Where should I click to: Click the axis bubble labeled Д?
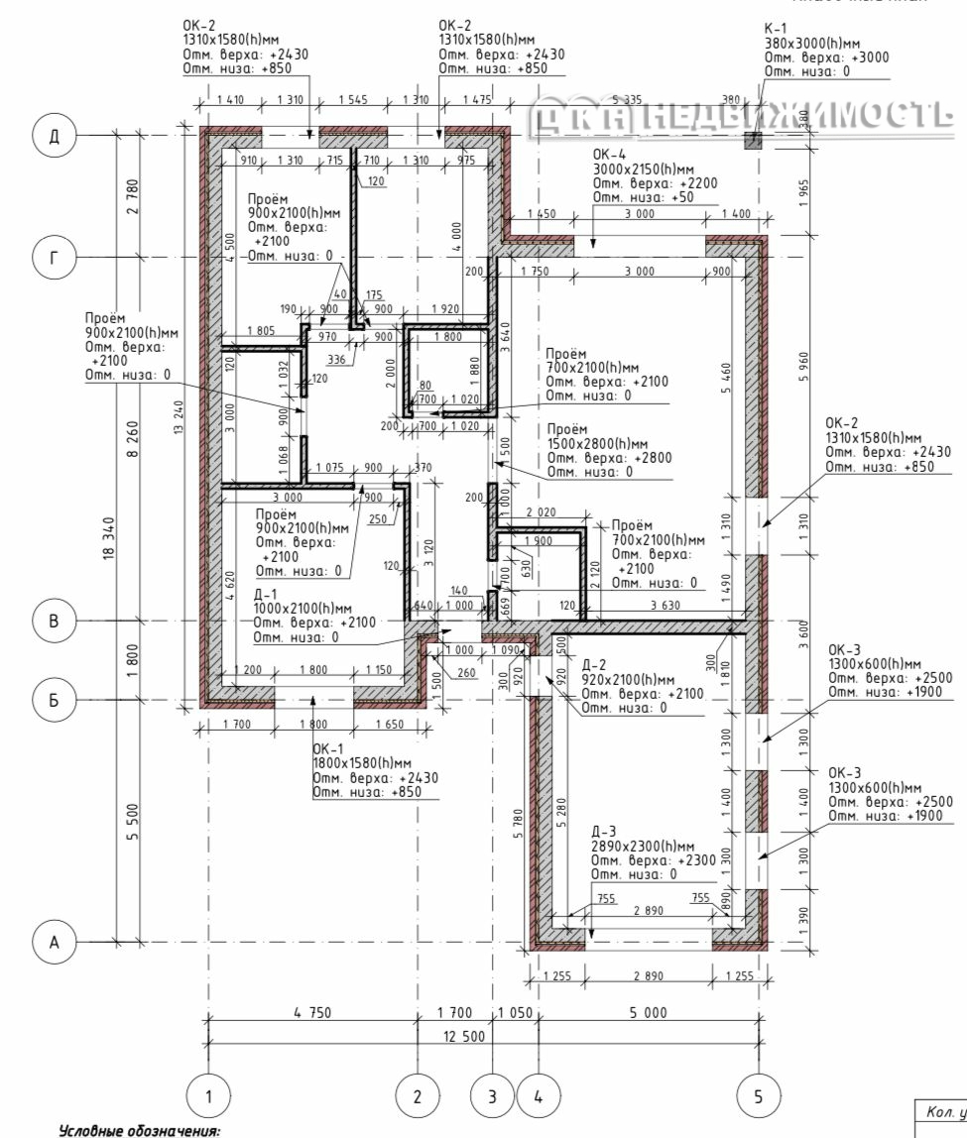[55, 136]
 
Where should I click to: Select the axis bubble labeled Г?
[55, 259]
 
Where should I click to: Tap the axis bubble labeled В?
[55, 622]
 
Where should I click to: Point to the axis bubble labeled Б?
[55, 700]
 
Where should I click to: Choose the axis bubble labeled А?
[55, 943]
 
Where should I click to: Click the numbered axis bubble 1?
[208, 1096]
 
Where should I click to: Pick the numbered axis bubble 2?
[417, 1096]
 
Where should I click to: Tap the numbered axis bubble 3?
[492, 1096]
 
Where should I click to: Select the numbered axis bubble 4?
[539, 1096]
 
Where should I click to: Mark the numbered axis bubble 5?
[759, 1096]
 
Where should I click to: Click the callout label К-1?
[777, 30]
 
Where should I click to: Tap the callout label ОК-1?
[328, 749]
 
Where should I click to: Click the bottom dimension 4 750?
[312, 1012]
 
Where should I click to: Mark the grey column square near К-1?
[753, 141]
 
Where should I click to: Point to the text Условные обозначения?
[139, 1130]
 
